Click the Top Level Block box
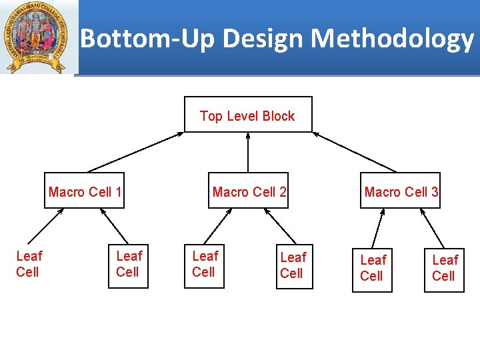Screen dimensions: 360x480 point(247,115)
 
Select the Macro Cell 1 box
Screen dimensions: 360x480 point(85,192)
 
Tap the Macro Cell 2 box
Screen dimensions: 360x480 point(249,192)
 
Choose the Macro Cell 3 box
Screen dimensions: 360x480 point(401,192)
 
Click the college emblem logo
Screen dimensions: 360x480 point(36,37)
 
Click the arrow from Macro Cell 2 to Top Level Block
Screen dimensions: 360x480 point(248,152)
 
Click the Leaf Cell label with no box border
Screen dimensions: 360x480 point(29,264)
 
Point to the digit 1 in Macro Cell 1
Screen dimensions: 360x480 point(118,193)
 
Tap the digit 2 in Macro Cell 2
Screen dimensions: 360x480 point(283,193)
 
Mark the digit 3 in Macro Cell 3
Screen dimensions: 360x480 point(435,193)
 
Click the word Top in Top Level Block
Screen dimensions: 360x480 point(211,116)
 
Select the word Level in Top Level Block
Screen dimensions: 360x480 point(243,116)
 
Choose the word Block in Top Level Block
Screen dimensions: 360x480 point(278,116)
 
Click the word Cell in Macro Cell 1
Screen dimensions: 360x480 point(100,193)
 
